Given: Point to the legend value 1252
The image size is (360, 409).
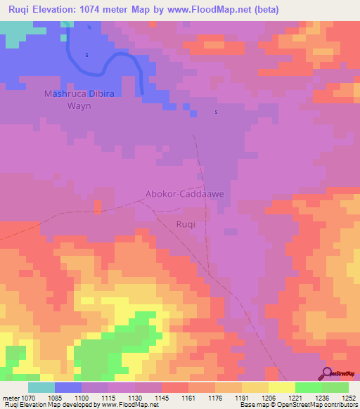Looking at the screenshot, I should [340, 398].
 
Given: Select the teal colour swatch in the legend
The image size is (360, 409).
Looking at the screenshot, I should [41, 387].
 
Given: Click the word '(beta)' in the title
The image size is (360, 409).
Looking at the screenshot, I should [266, 10].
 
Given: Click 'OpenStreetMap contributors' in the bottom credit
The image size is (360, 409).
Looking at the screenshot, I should [323, 405].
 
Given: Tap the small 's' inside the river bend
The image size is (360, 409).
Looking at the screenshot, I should [86, 55].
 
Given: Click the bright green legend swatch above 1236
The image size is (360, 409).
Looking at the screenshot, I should [309, 387].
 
